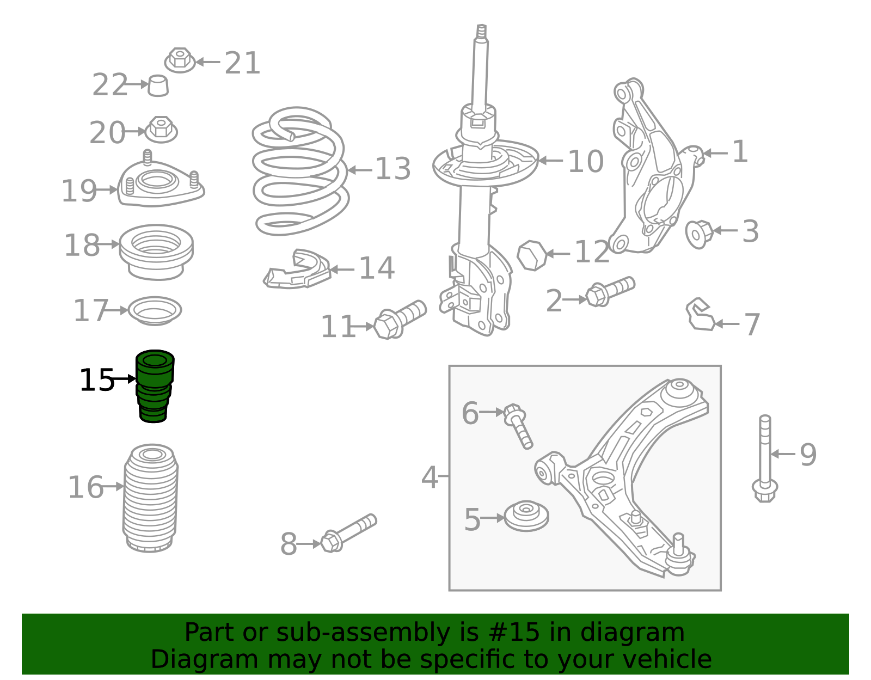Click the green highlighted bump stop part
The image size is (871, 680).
[x=154, y=386]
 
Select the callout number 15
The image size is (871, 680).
[x=96, y=380]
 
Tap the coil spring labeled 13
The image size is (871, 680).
[x=300, y=171]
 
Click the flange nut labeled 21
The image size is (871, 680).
[x=180, y=60]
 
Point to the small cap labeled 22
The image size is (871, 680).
[x=158, y=85]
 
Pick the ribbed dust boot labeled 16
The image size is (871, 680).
[x=151, y=498]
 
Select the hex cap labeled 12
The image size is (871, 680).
[x=532, y=255]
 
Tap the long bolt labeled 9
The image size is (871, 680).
[x=765, y=457]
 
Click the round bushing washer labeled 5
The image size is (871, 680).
[x=526, y=516]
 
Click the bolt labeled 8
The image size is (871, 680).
[x=348, y=533]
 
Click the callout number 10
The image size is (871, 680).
[x=585, y=162]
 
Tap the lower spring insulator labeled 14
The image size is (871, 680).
[x=297, y=271]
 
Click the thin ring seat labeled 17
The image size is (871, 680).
[x=155, y=311]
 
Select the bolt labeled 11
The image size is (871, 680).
[x=400, y=320]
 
